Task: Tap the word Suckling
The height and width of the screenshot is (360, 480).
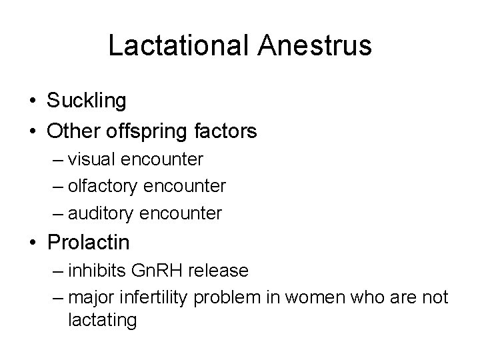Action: (87, 101)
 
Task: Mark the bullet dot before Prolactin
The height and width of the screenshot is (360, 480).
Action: (33, 243)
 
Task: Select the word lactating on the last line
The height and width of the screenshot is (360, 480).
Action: (102, 321)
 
